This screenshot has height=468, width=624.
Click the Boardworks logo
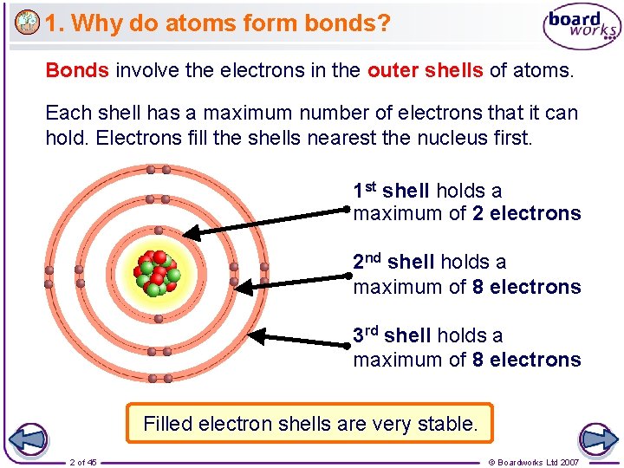click(x=582, y=28)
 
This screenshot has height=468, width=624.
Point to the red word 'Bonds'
click(x=77, y=69)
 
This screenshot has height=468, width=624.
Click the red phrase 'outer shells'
click(x=425, y=69)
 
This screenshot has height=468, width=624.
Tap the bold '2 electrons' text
click(x=526, y=213)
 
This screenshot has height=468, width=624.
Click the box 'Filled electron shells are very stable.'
click(x=309, y=424)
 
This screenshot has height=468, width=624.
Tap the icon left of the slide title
click(x=27, y=23)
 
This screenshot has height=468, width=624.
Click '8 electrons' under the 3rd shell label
click(x=526, y=359)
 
